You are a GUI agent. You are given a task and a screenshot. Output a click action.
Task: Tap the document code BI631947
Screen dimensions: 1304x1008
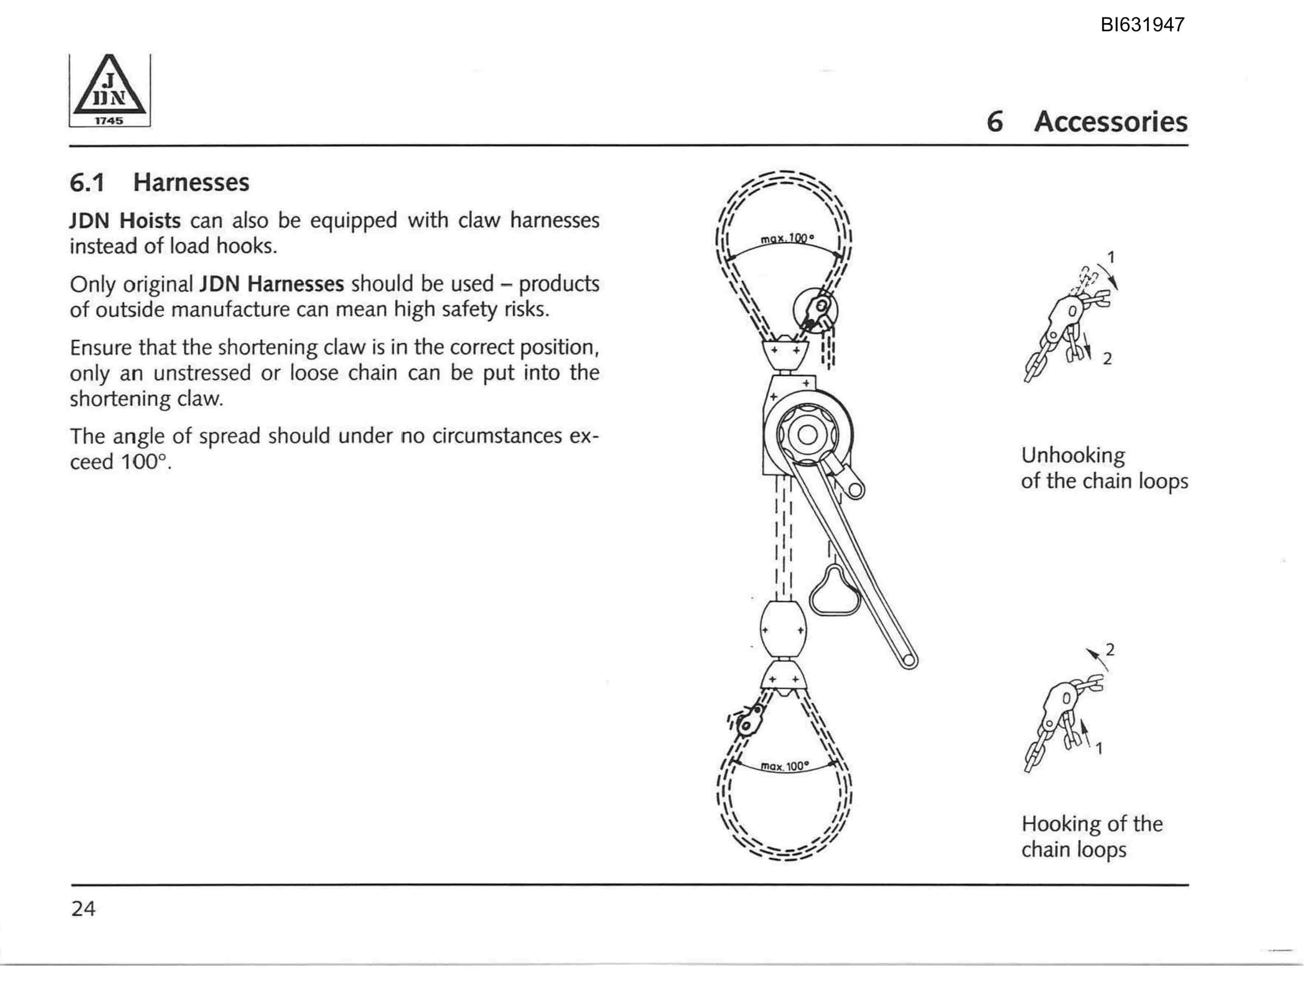pos(1143,24)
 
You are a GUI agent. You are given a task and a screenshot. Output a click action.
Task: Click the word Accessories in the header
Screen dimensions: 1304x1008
pos(1111,122)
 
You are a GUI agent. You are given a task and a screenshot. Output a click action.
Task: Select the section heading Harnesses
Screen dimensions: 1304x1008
pos(191,182)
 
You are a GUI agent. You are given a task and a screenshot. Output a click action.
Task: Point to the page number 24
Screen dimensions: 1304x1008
pos(83,908)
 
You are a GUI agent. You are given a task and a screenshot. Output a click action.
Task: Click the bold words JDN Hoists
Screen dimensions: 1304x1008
pos(125,220)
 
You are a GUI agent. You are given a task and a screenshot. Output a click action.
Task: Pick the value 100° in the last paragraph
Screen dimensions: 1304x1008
pos(143,462)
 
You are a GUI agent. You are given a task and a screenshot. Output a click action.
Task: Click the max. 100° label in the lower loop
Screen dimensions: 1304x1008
pos(785,765)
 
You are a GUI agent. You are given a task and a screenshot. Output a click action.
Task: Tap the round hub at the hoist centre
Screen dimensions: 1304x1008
pos(807,435)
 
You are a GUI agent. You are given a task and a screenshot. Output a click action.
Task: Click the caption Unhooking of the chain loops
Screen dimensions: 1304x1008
pos(1104,468)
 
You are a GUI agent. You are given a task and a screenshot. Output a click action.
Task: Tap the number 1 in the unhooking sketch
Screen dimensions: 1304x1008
pos(1111,257)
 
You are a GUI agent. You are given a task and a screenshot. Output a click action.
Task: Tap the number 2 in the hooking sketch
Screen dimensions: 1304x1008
pos(1110,649)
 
